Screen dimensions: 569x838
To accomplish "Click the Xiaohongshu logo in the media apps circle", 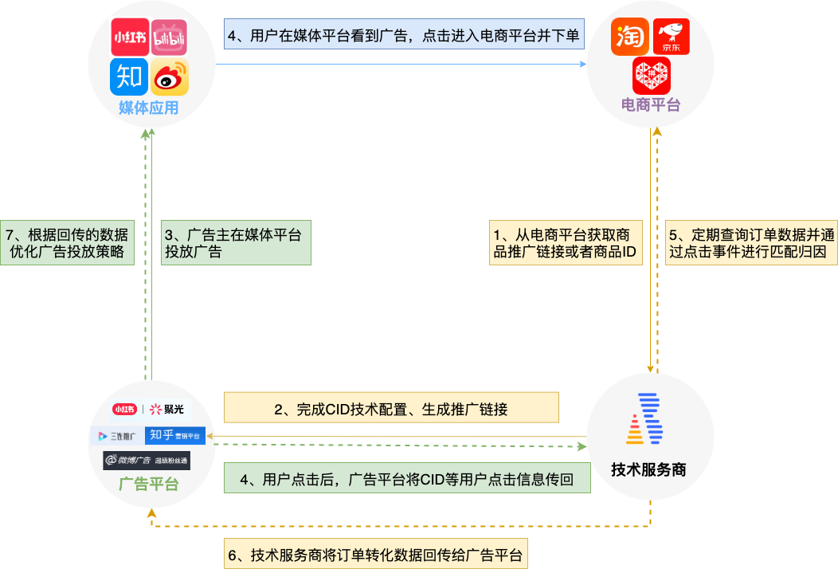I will [129, 38].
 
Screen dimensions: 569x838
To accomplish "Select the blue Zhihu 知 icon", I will [129, 77].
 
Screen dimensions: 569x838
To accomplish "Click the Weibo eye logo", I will [170, 77].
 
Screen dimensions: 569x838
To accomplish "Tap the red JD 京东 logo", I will [670, 38].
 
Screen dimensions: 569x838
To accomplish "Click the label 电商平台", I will [651, 104].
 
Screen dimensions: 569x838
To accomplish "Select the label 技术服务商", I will [648, 470].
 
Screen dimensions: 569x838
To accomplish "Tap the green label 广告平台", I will [148, 485].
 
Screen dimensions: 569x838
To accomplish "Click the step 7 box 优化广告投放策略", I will [67, 243].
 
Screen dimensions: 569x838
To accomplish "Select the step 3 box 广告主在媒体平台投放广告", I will [235, 243].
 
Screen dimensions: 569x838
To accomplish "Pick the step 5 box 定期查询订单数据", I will [751, 243].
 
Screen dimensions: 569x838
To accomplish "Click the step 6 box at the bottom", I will [375, 555].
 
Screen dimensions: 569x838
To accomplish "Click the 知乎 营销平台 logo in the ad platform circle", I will [174, 436].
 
